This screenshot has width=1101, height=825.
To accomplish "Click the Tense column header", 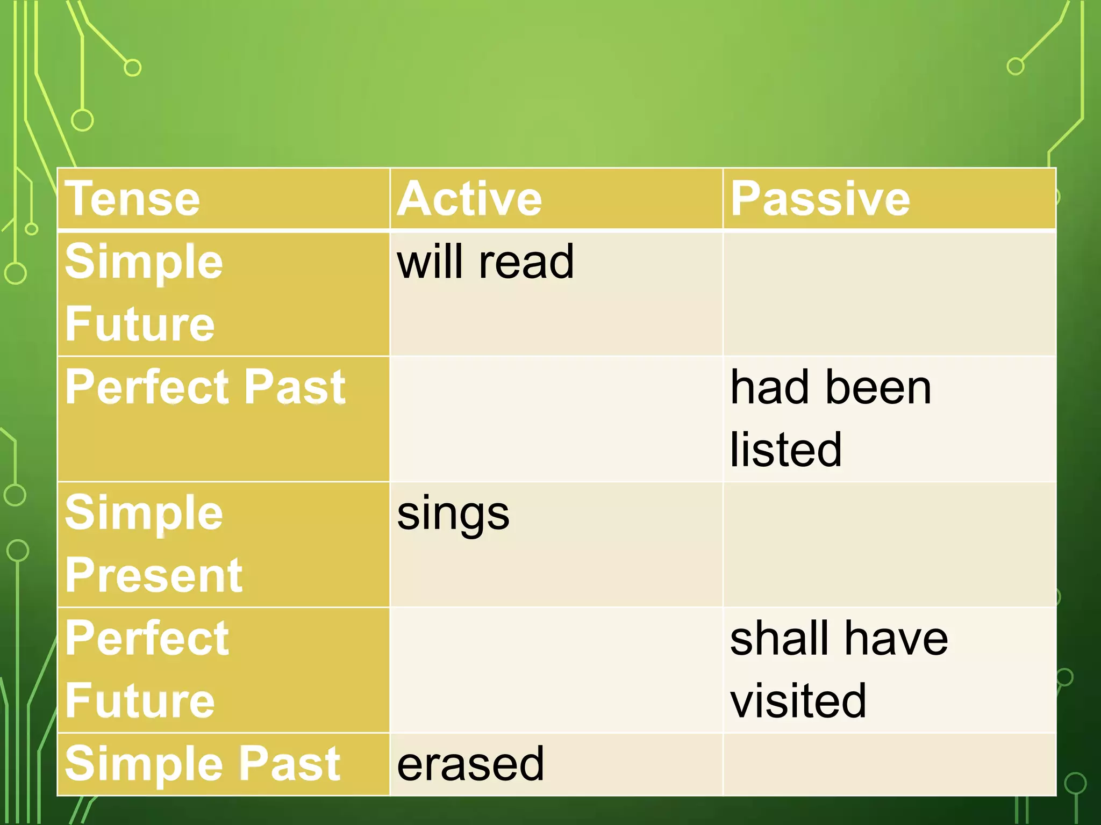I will (132, 199).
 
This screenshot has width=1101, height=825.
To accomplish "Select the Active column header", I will (469, 199).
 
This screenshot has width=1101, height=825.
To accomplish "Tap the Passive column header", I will (820, 199).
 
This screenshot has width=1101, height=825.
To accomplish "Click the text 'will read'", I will (485, 262).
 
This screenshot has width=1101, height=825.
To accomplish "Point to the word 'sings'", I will (453, 513).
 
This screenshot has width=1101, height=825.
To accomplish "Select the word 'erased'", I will (470, 764).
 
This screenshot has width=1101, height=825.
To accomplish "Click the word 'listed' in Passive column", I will (785, 450).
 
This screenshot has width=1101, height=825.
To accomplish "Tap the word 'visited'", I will (798, 701).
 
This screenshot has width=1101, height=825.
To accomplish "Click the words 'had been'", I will (831, 388).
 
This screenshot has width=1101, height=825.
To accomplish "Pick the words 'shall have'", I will (839, 639).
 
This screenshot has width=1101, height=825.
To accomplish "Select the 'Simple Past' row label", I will (202, 764).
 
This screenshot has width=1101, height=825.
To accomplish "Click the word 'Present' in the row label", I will (154, 575).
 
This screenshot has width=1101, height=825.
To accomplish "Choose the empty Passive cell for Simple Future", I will (889, 294).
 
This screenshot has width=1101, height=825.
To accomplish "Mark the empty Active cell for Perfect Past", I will (556, 419).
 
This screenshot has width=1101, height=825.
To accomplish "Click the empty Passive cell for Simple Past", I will (889, 764).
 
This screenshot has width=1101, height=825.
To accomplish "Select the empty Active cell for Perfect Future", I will (556, 670).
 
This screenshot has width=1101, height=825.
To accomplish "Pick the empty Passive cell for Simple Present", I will (889, 544).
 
